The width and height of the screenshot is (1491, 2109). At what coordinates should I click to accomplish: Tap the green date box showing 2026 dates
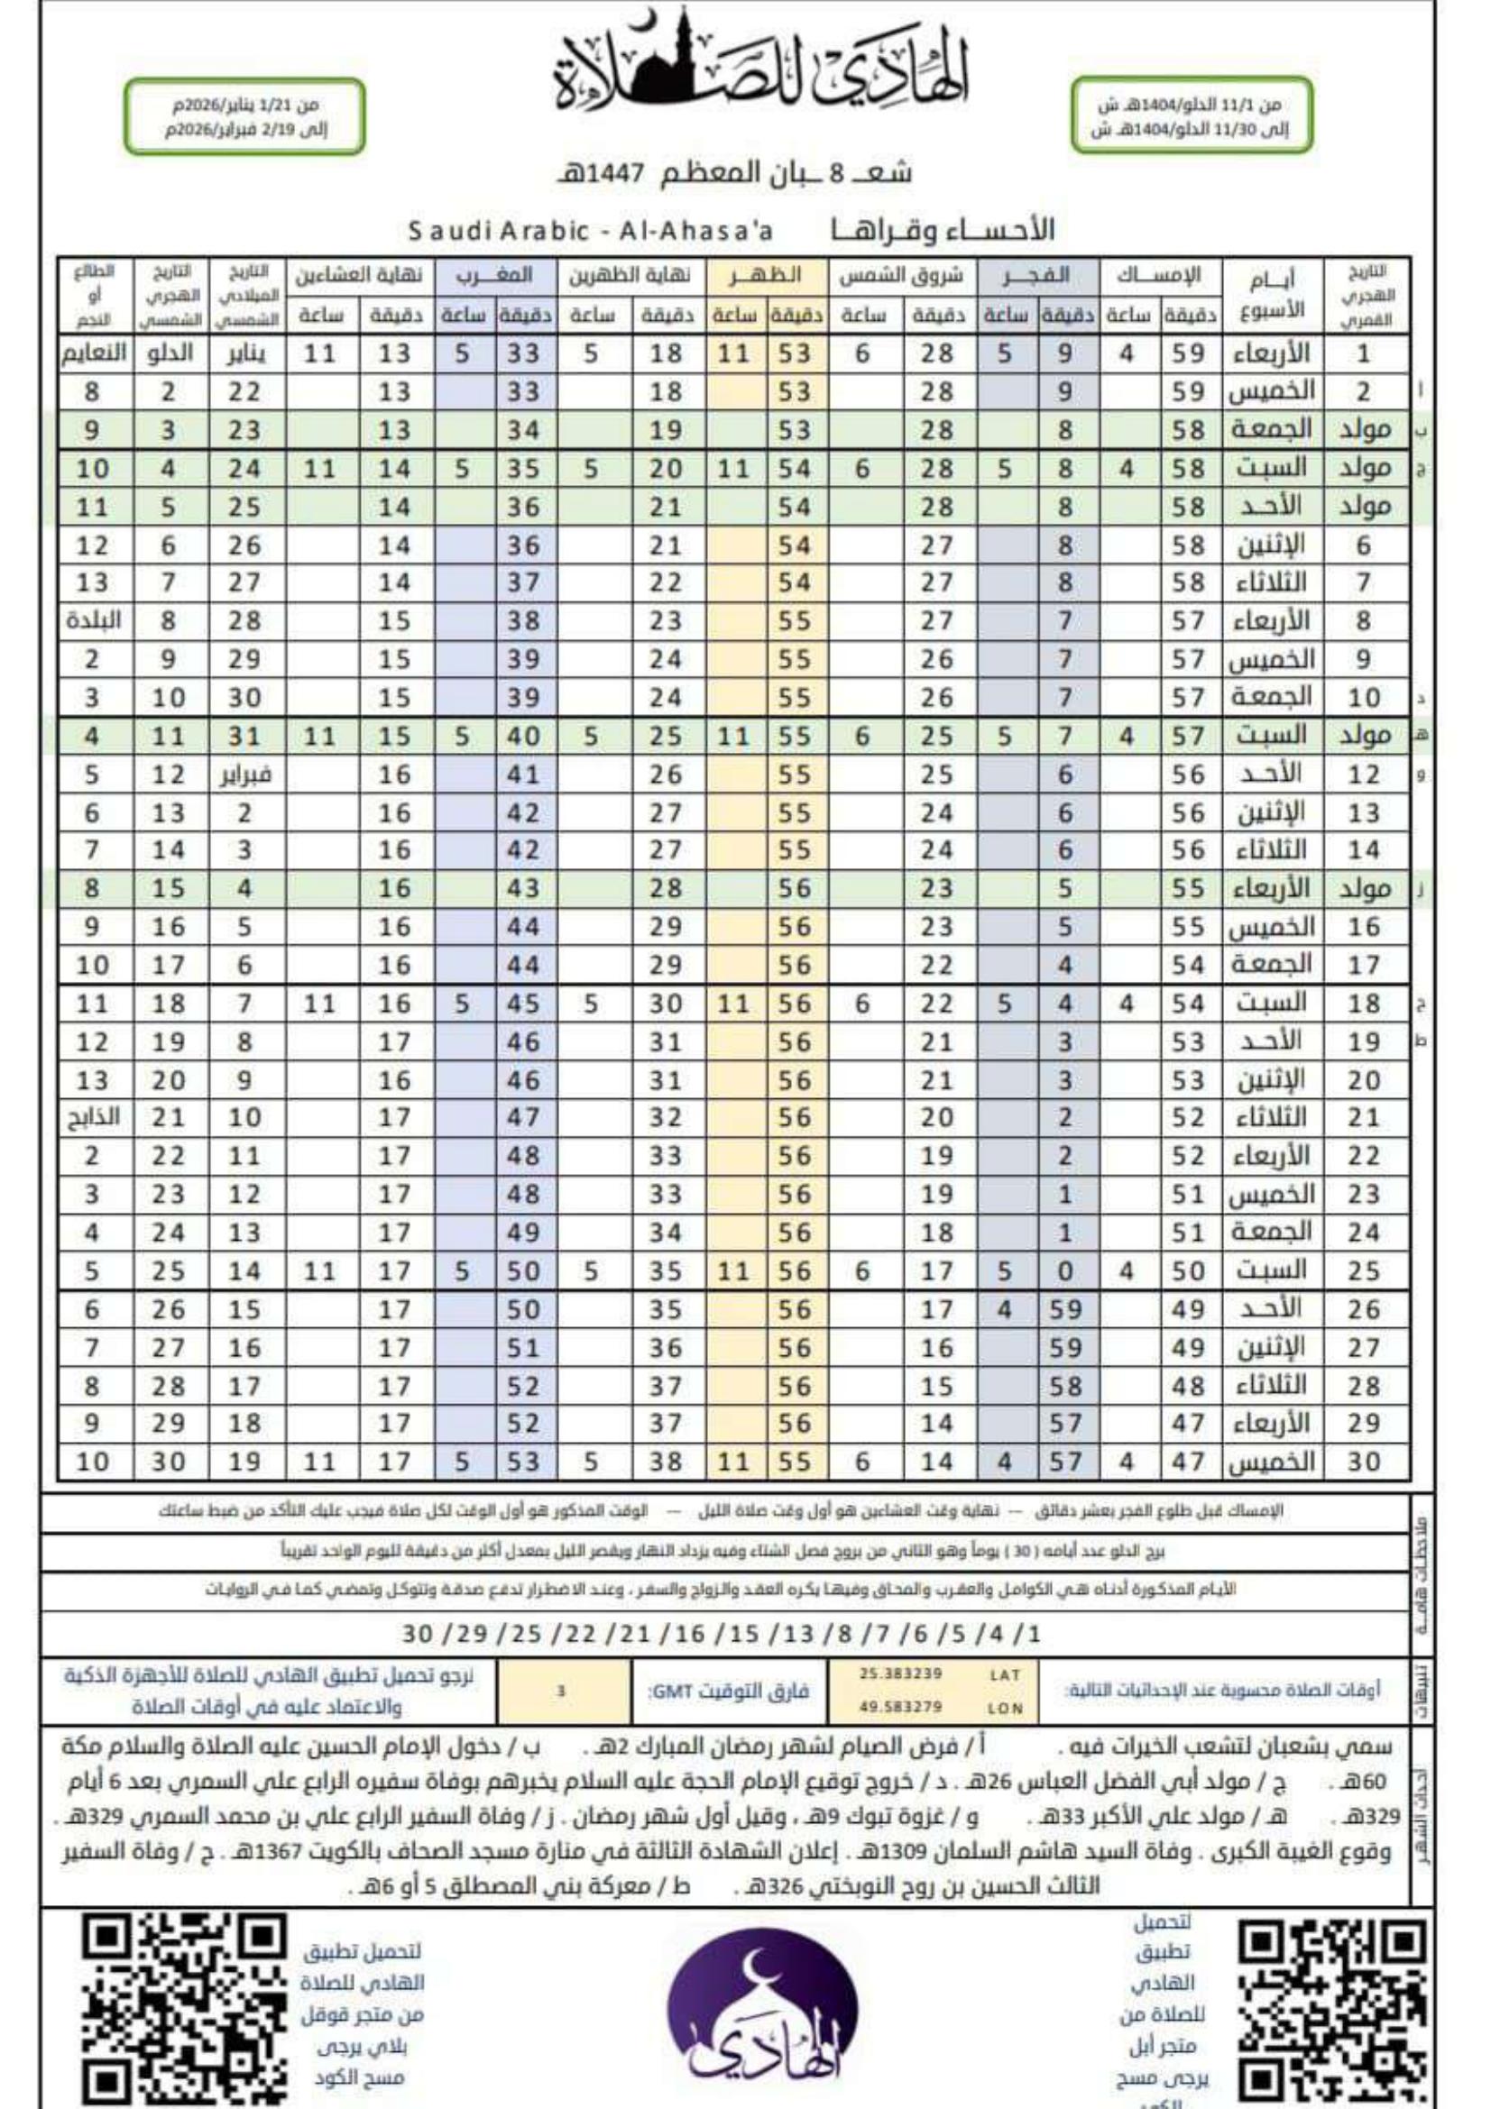pyautogui.click(x=245, y=117)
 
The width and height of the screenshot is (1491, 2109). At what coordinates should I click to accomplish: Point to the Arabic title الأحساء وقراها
pyautogui.click(x=943, y=230)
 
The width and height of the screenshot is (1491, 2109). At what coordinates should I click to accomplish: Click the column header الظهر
pyautogui.click(x=768, y=276)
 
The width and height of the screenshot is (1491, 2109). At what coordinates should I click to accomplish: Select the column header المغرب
pyautogui.click(x=497, y=276)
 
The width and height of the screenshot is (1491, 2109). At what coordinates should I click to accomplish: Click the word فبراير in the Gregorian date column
pyautogui.click(x=245, y=775)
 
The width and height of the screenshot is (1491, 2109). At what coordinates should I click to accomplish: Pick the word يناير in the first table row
pyautogui.click(x=245, y=353)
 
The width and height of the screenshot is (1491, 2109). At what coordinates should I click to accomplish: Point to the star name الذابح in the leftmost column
pyautogui.click(x=94, y=1118)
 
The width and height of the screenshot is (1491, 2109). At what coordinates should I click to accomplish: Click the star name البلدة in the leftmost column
pyautogui.click(x=94, y=621)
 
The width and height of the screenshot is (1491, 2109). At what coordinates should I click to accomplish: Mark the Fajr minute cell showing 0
pyautogui.click(x=1064, y=1271)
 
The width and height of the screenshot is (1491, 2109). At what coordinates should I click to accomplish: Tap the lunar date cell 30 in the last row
pyautogui.click(x=1363, y=1462)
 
